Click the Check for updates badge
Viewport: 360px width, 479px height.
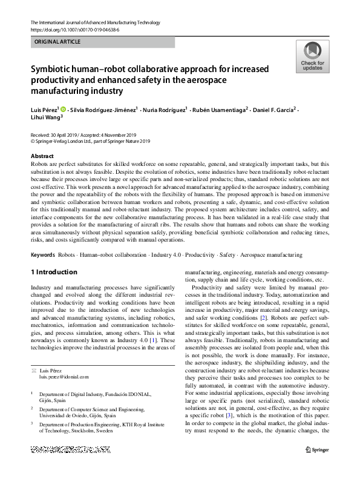click(312, 57)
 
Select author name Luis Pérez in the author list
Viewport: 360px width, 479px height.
click(44, 109)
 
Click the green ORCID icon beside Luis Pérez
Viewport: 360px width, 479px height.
click(63, 109)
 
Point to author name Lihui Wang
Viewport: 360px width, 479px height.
click(45, 118)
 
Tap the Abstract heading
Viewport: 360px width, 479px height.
click(42, 156)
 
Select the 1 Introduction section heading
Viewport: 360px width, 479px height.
click(54, 273)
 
